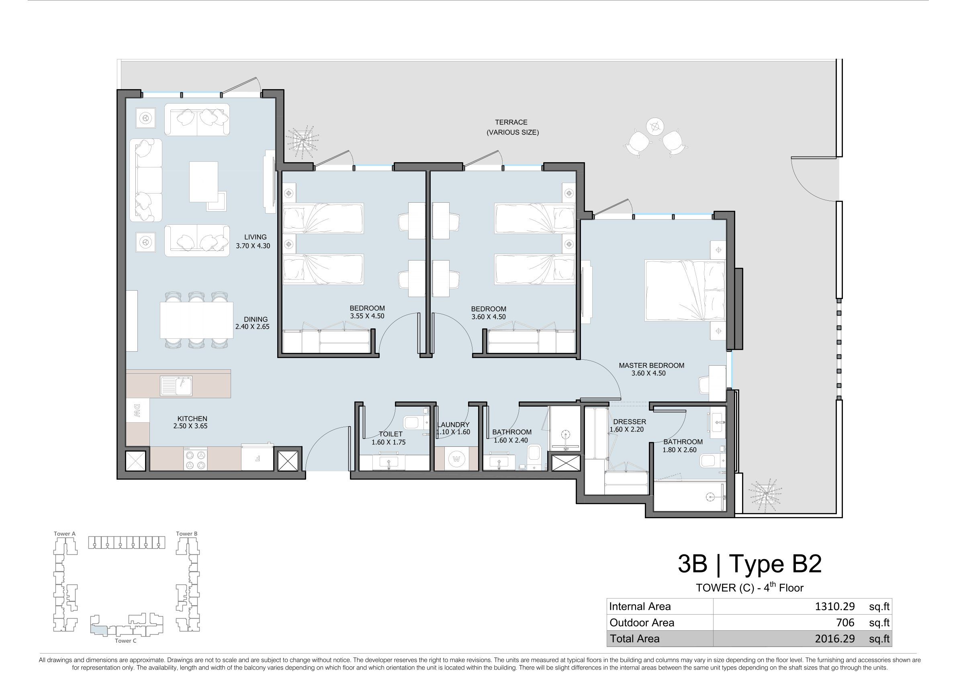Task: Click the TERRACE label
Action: [511, 122]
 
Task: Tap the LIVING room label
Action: [255, 237]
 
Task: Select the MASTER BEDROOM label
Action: [652, 365]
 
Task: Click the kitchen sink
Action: [176, 386]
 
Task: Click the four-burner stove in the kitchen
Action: [196, 459]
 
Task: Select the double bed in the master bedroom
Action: [685, 290]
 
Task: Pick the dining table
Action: [197, 320]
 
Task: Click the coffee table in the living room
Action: [204, 182]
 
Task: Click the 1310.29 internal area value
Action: [834, 607]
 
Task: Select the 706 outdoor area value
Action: [845, 623]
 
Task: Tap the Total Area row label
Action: [634, 639]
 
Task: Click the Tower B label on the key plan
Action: [187, 533]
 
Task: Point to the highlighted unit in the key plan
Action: [99, 629]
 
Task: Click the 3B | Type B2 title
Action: [749, 564]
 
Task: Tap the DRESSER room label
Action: [630, 422]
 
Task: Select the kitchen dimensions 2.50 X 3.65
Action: [190, 426]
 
